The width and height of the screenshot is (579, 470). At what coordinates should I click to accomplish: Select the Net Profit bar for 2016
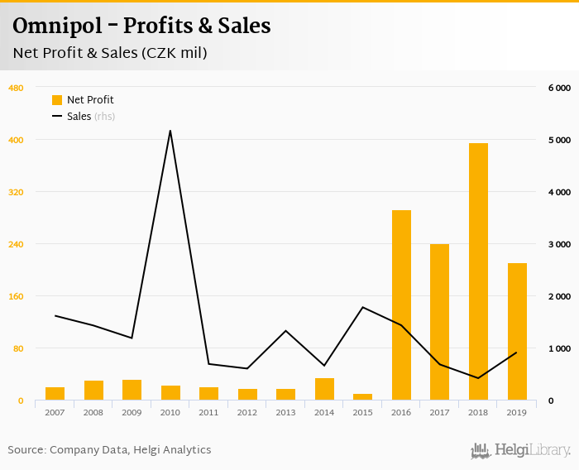(401, 305)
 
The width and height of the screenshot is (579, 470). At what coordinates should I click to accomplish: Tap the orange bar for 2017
(439, 322)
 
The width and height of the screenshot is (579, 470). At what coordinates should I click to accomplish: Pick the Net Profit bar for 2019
(517, 332)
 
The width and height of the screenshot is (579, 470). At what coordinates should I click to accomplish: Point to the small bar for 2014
(324, 389)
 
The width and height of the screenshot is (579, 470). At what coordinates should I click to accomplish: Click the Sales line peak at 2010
(170, 131)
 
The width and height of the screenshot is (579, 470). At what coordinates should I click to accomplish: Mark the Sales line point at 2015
(362, 307)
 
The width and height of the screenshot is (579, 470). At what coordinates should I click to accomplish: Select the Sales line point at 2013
(285, 331)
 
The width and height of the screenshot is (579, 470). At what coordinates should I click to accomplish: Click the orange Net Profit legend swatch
(57, 100)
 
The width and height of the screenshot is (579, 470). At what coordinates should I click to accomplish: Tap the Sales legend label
(79, 117)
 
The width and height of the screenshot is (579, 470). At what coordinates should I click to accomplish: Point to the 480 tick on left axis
(16, 88)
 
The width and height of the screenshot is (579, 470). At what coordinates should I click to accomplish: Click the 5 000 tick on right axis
(559, 140)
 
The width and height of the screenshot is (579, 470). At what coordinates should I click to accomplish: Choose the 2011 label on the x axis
(208, 412)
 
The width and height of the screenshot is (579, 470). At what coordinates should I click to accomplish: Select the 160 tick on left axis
(16, 296)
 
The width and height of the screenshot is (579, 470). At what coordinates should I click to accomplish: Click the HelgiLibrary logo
(520, 450)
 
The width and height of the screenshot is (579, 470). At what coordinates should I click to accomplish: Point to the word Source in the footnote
(26, 450)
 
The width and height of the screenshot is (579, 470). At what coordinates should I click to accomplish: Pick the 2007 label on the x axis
(55, 412)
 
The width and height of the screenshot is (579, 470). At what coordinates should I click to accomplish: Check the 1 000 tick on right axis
(559, 348)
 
